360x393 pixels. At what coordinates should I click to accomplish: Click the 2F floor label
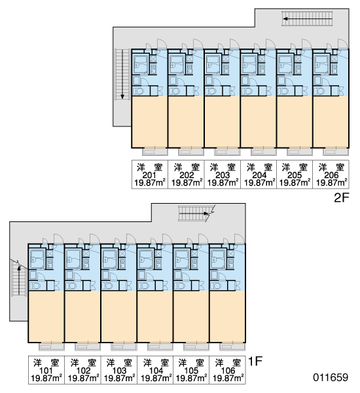[342, 198]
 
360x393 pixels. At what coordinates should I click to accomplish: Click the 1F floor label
[255, 362]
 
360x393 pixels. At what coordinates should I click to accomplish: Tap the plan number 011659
[331, 377]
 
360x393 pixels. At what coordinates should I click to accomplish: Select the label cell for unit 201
[150, 174]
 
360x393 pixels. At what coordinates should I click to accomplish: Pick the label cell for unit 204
[259, 174]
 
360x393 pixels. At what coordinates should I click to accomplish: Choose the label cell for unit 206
[331, 174]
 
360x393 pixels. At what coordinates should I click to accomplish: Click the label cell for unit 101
[46, 370]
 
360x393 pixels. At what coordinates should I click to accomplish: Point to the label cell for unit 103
[119, 370]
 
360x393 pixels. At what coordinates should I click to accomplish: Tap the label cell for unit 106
[228, 370]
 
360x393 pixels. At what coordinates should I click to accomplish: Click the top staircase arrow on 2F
[307, 18]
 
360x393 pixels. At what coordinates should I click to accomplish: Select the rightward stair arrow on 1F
[194, 214]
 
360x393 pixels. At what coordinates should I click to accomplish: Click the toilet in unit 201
[137, 91]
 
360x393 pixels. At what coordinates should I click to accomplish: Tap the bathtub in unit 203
[213, 64]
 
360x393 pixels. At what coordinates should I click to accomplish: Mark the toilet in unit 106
[215, 286]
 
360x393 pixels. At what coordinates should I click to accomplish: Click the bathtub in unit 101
[37, 259]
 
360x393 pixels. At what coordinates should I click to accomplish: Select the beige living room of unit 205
[295, 122]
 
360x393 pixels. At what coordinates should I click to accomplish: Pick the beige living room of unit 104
[155, 316]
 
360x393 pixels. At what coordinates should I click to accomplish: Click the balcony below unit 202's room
[191, 152]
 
